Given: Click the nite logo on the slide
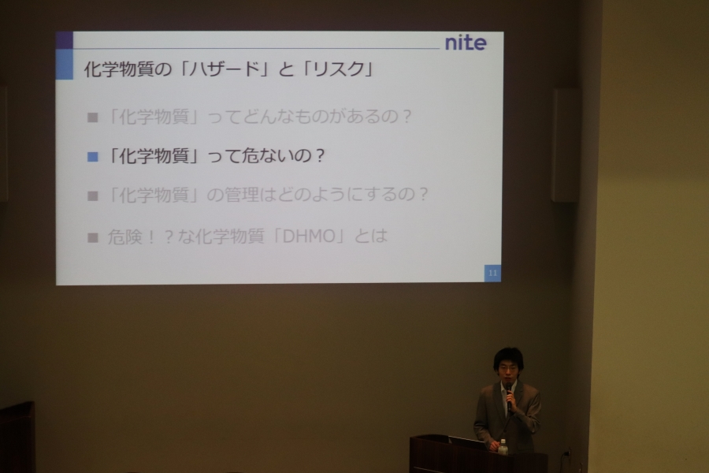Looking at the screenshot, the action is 466,43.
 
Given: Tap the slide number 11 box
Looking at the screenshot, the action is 492,273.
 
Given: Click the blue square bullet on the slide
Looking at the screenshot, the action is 93,157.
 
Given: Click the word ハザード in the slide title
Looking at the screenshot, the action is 224,69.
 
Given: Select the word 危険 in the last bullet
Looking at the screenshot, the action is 124,236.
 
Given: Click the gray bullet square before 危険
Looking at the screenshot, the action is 93,237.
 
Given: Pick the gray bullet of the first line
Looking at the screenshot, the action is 93,117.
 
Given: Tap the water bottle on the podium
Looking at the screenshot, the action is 503,447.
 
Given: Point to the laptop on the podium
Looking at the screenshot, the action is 466,443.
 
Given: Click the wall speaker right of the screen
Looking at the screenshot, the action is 566,145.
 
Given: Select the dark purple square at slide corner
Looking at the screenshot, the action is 65,40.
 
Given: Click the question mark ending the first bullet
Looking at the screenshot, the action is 406,117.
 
